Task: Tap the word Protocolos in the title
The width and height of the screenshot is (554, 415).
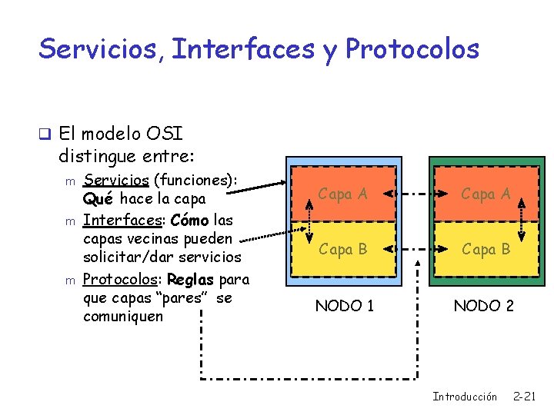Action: coord(412,49)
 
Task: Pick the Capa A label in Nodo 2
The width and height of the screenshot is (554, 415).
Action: coord(485,194)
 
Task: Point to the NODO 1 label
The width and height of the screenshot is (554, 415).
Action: coord(345,306)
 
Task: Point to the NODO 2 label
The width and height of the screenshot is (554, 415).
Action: coord(483,306)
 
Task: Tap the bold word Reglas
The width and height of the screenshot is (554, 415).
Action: coord(191,279)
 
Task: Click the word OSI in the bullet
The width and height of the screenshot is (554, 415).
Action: coord(165,134)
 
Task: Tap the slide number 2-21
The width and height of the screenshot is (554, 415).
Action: coord(524,397)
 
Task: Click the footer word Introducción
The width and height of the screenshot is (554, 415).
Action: coord(465,397)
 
